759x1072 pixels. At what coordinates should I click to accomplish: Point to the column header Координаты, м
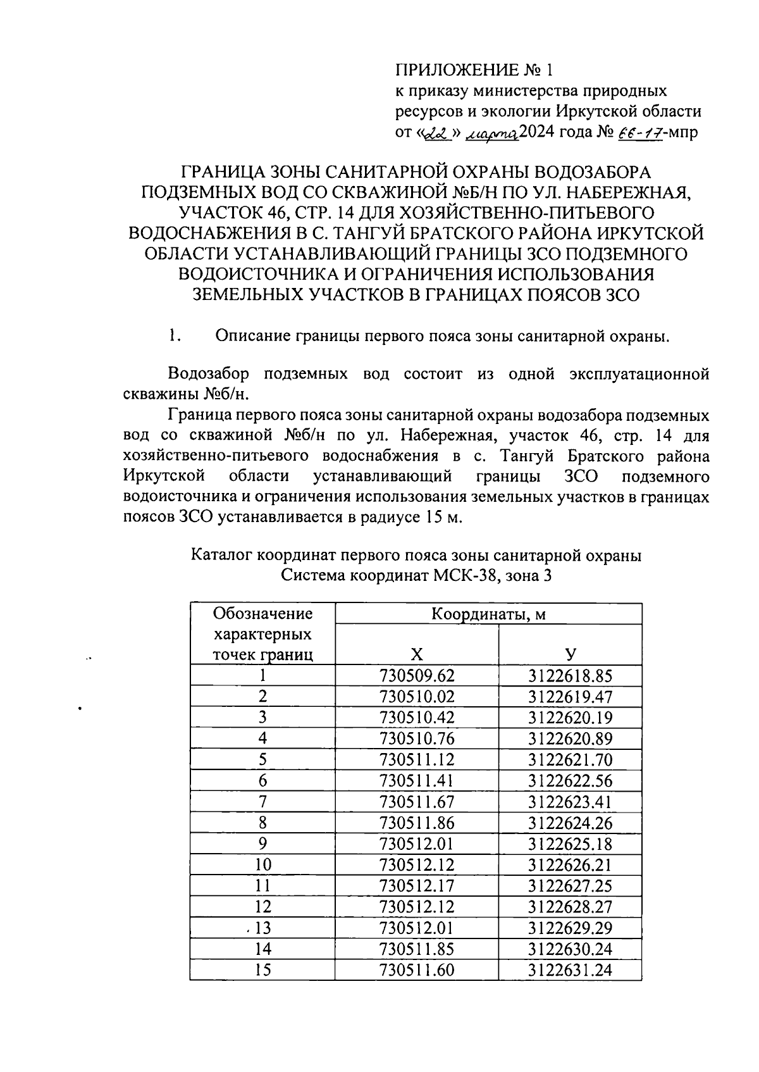(488, 614)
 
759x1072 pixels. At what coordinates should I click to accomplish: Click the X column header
(416, 654)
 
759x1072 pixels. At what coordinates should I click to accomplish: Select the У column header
(570, 654)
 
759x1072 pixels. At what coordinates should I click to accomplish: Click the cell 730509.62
(416, 675)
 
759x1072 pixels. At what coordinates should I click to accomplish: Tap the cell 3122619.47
(570, 697)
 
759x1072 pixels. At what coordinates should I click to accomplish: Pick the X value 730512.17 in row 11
(416, 885)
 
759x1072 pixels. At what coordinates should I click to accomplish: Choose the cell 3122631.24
(570, 969)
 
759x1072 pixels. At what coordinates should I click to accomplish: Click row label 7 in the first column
(262, 802)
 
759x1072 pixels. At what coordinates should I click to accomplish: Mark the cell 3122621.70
(570, 759)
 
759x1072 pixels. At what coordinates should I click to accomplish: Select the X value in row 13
(416, 928)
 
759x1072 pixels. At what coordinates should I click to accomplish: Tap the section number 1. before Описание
(176, 336)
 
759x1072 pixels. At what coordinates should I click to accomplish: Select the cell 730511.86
(416, 823)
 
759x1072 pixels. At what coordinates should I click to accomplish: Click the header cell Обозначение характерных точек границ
(262, 633)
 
